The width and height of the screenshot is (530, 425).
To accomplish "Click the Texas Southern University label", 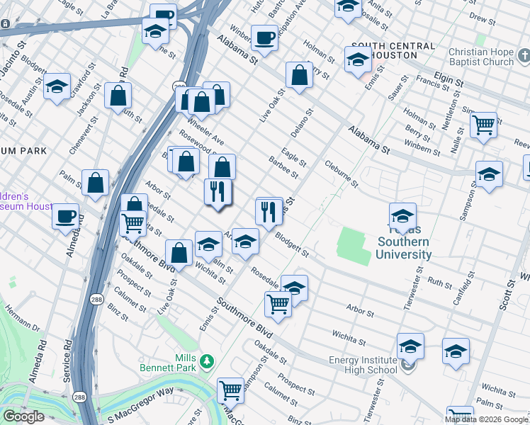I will (x=404, y=242).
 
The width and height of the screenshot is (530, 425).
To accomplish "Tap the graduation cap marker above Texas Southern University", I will (x=402, y=216).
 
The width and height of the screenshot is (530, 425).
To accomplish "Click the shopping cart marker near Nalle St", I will (x=483, y=125).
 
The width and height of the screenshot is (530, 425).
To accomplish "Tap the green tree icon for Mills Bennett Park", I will (x=206, y=361).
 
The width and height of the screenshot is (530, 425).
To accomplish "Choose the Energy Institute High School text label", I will (x=363, y=365).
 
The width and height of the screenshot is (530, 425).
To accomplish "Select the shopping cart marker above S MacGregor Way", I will (x=230, y=390).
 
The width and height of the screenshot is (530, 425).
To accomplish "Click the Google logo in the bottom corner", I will (x=23, y=416).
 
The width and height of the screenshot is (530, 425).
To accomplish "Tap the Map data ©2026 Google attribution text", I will (x=486, y=419).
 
